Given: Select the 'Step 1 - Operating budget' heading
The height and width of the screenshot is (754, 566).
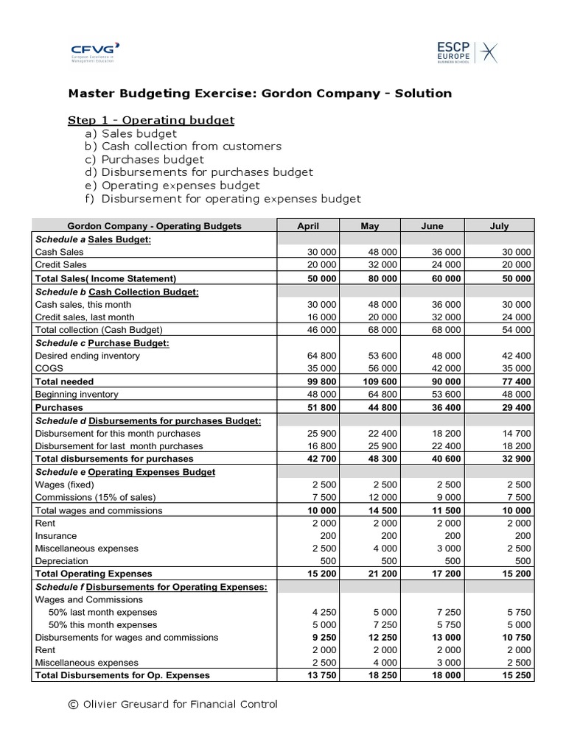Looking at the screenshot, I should (x=151, y=120).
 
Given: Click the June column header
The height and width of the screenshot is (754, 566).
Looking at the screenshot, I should (x=432, y=226).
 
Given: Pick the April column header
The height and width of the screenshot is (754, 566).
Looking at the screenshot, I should (x=307, y=226).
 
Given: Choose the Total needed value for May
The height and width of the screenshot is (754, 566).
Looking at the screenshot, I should (x=380, y=381).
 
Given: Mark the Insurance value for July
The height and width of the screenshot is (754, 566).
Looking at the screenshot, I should (x=523, y=536).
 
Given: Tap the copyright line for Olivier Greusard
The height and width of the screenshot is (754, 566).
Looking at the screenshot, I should (x=172, y=705).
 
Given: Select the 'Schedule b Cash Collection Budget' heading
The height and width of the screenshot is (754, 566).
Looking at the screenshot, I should (x=117, y=291).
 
